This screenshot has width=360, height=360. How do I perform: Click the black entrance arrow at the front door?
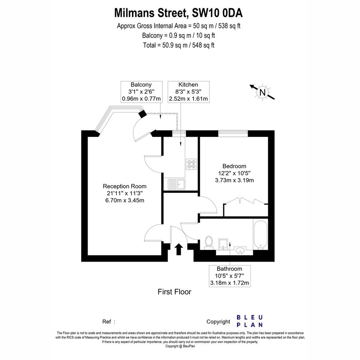179,249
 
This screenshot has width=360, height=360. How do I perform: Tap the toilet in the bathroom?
208,242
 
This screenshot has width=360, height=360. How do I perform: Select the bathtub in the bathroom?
260,234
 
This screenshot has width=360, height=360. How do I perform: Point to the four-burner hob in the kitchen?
191,164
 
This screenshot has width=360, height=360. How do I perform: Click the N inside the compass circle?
262,92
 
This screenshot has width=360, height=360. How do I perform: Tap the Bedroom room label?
234,166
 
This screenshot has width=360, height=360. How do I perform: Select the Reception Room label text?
124,186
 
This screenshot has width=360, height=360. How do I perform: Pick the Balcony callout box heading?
141,84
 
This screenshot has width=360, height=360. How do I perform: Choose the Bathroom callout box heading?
229,269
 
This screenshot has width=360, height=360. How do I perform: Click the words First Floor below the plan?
174,292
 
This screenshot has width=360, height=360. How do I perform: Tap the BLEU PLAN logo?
250,321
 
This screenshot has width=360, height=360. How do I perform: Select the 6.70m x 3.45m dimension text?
124,200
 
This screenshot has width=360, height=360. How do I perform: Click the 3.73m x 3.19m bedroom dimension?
234,180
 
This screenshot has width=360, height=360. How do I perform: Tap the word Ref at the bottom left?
107,322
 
